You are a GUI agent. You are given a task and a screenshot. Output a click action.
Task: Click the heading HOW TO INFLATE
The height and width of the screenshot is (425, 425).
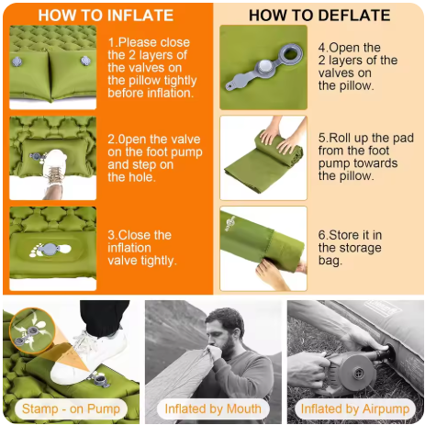pyautogui.click(x=106, y=16)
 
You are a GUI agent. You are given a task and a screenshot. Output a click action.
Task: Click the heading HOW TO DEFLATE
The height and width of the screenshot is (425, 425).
pyautogui.click(x=319, y=16)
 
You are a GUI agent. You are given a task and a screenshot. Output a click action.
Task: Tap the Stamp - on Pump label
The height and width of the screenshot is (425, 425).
pyautogui.click(x=71, y=408)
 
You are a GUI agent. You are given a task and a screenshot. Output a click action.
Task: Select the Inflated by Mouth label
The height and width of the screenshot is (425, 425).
pyautogui.click(x=213, y=408)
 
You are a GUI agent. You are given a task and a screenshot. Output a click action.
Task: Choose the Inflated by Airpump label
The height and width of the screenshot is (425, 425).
pyautogui.click(x=355, y=408)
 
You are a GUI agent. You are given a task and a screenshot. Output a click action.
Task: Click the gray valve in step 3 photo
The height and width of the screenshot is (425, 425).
pyautogui.click(x=50, y=249)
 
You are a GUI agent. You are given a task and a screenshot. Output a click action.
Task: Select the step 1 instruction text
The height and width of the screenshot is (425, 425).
pyautogui.click(x=152, y=68)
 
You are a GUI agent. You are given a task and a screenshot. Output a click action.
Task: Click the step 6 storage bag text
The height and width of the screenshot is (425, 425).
pyautogui.click(x=350, y=248)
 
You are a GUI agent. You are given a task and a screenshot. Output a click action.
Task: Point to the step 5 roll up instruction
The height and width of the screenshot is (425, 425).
pyautogui.click(x=366, y=157)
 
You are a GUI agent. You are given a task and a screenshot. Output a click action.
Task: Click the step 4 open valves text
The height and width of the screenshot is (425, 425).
pyautogui.click(x=358, y=67)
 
